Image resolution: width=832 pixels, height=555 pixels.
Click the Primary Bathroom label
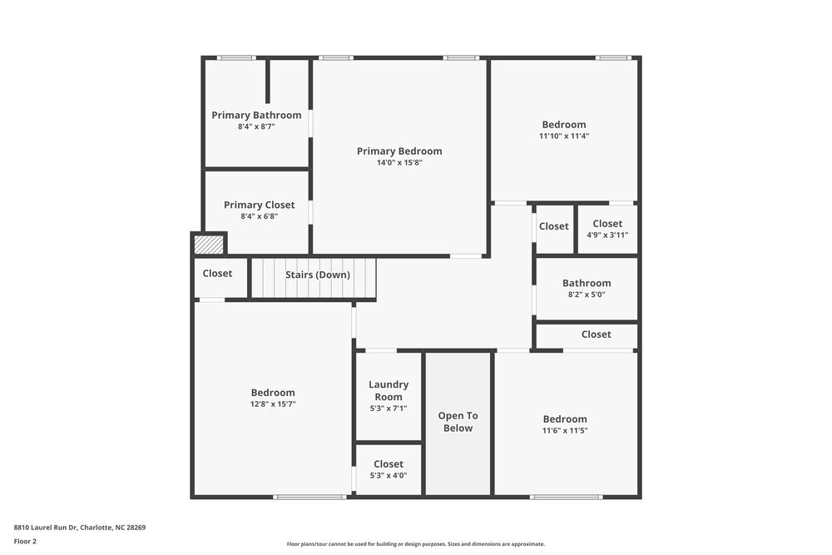coord(256,115)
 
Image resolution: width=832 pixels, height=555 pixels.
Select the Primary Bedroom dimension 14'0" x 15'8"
coord(399,163)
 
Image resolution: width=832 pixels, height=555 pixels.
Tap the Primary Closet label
coord(259,205)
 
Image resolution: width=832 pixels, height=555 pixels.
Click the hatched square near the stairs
coord(209,245)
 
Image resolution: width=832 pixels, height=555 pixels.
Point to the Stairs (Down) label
coord(317,275)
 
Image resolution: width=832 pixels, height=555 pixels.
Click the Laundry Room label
coord(389,390)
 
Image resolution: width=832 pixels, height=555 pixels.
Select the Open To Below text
coord(458,422)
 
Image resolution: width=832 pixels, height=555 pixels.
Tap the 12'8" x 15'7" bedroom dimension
coord(273,404)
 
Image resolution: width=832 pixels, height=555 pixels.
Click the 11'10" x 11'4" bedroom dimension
coord(564,136)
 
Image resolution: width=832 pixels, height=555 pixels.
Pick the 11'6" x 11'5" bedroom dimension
coord(565,431)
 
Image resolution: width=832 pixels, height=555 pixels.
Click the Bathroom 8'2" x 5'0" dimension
coord(587,295)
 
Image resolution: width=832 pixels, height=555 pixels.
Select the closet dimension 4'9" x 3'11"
coord(607,235)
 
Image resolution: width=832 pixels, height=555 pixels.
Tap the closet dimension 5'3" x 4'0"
coord(389,476)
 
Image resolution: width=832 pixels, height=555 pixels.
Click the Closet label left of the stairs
coord(217,273)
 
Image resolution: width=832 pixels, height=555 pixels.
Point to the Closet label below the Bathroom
coord(596,334)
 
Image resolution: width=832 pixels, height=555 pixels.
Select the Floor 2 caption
coord(25,541)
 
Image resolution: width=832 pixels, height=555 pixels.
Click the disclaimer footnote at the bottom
coord(415,543)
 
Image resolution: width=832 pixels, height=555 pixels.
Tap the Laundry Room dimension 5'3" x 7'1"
coord(389,409)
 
